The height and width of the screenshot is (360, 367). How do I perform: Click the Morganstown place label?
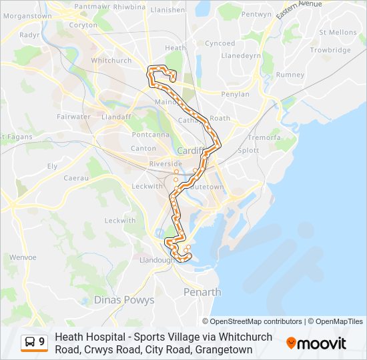(27, 15)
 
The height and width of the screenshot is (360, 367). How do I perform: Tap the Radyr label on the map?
(30, 35)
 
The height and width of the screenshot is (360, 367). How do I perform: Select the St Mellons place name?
(338, 32)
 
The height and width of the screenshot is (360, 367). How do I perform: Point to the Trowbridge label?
(330, 50)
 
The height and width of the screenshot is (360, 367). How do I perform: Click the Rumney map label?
(290, 75)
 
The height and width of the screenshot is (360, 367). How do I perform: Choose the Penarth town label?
(202, 292)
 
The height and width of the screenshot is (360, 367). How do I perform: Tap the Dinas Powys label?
(123, 300)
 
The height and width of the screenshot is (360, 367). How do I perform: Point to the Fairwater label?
(73, 117)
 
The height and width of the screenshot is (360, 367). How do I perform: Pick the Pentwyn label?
(257, 14)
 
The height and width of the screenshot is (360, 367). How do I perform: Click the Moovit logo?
(316, 343)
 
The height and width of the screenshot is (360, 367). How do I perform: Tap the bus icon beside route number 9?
(30, 343)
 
